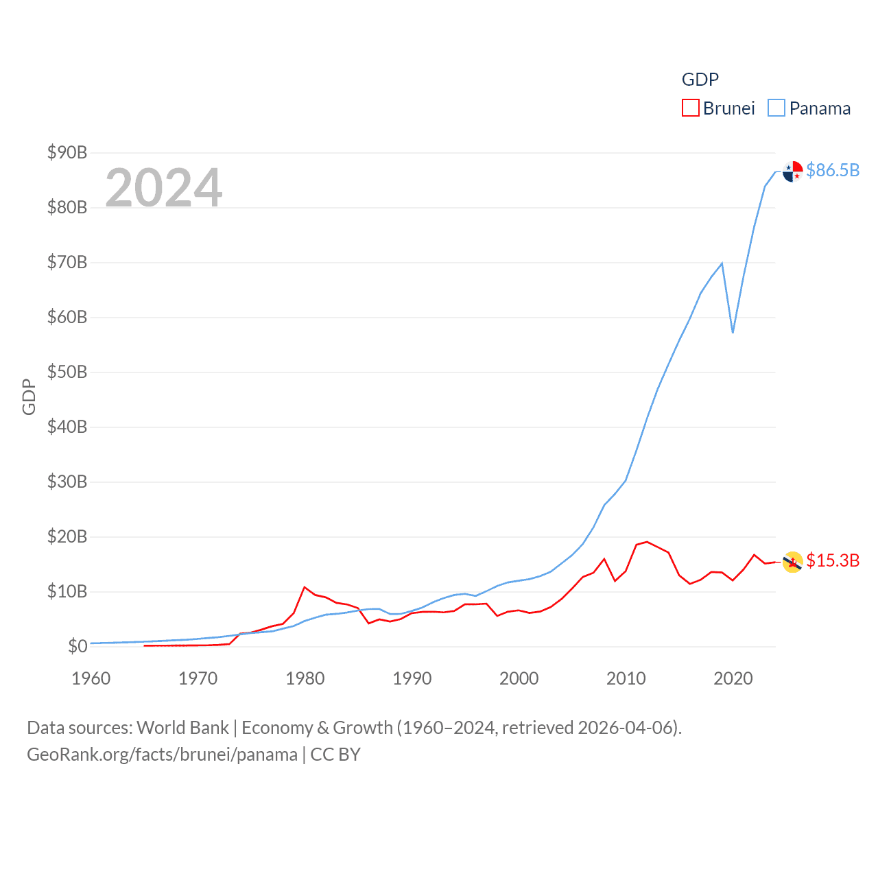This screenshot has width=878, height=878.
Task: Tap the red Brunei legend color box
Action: click(x=690, y=108)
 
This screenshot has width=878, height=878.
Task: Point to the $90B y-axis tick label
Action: click(x=67, y=152)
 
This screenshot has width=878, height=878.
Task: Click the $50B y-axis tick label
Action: click(x=67, y=372)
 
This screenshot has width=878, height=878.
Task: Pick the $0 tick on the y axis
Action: click(x=78, y=646)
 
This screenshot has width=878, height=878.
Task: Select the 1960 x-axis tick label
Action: click(x=91, y=678)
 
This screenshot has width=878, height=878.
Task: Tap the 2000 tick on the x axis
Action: click(x=519, y=678)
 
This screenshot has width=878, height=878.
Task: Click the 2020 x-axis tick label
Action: click(x=733, y=678)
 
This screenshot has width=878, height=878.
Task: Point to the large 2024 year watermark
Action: click(x=164, y=187)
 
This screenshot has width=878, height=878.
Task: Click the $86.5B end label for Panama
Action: click(x=833, y=170)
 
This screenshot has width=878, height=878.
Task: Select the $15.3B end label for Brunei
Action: click(x=833, y=560)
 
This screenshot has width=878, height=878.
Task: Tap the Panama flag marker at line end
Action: click(x=793, y=171)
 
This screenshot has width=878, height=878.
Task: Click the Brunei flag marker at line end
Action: click(x=793, y=562)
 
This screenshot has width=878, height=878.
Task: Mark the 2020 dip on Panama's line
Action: click(x=733, y=333)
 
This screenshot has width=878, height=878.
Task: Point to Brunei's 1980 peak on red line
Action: click(x=305, y=587)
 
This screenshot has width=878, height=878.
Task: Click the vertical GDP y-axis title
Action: click(x=29, y=396)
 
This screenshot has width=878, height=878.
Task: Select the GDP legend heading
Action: click(x=700, y=80)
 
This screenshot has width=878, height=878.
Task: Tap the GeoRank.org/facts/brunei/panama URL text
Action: click(x=162, y=755)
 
